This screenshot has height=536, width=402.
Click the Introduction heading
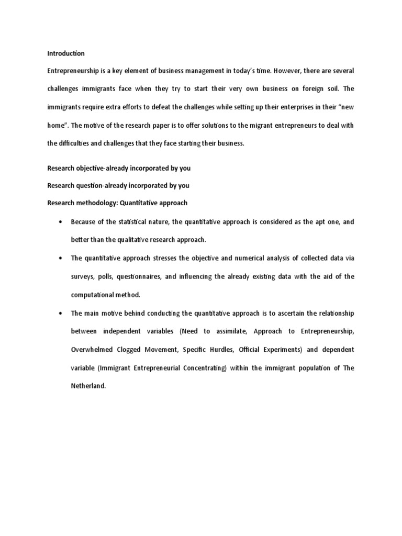coord(66,53)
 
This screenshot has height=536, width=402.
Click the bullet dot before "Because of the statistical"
coord(61,222)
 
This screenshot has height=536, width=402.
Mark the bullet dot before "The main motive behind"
coord(61,314)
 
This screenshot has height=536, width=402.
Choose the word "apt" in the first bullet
coord(310,222)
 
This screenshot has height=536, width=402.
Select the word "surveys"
coord(83,276)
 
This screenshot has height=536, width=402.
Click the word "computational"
coord(91,294)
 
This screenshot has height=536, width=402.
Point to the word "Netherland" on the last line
coord(88,386)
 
